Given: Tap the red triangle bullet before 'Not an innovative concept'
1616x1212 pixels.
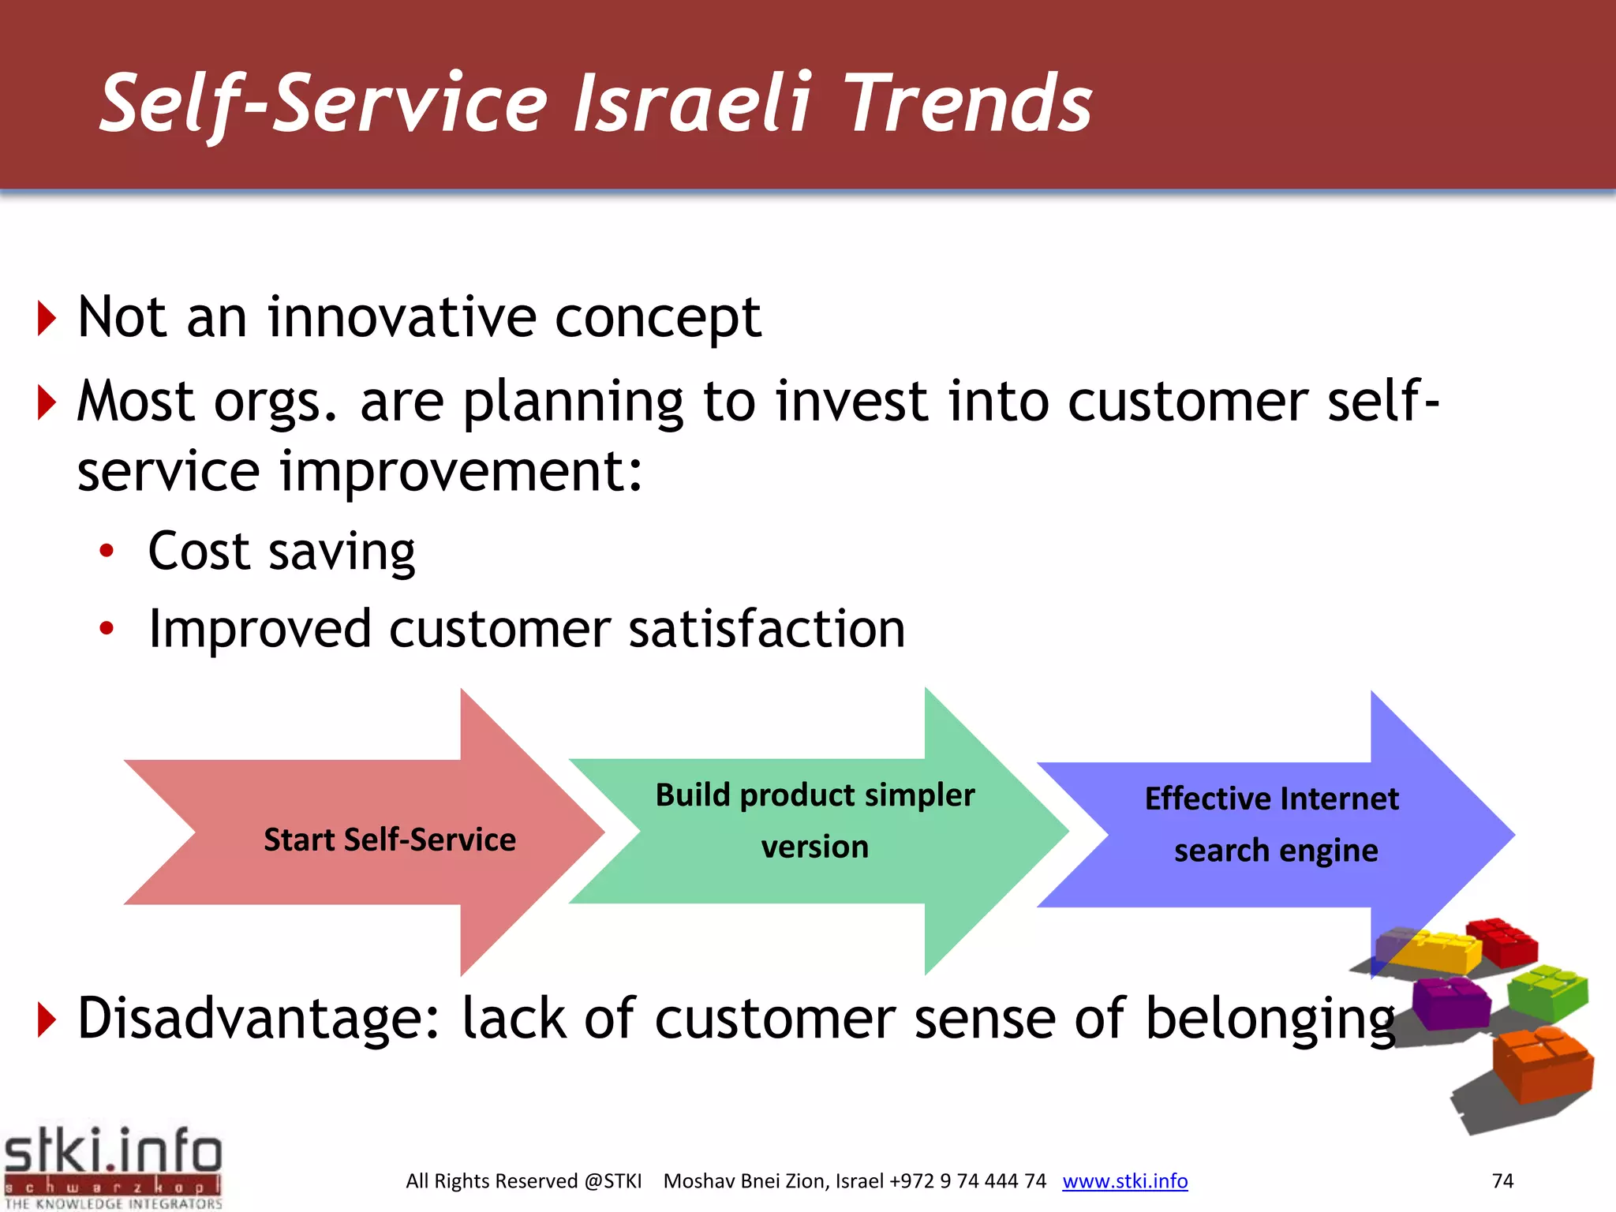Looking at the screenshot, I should click(x=47, y=319).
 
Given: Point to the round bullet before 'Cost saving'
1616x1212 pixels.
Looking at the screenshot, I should click(x=107, y=551).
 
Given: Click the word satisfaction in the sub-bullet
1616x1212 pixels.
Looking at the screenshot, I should click(x=766, y=629).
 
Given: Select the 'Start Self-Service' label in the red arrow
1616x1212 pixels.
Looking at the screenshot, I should click(x=389, y=840).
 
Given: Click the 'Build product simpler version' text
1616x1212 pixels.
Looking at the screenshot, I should click(x=815, y=821).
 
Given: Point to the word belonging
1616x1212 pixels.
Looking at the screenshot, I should click(x=1270, y=1019).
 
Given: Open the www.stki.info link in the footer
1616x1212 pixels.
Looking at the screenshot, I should click(x=1124, y=1180).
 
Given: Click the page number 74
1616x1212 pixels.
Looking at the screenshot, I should click(x=1502, y=1180).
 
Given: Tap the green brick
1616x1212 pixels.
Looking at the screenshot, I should click(x=1547, y=990).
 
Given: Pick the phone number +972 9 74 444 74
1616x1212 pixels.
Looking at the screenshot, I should click(x=967, y=1180).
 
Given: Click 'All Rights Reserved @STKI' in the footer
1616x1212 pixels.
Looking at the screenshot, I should click(x=523, y=1180).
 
